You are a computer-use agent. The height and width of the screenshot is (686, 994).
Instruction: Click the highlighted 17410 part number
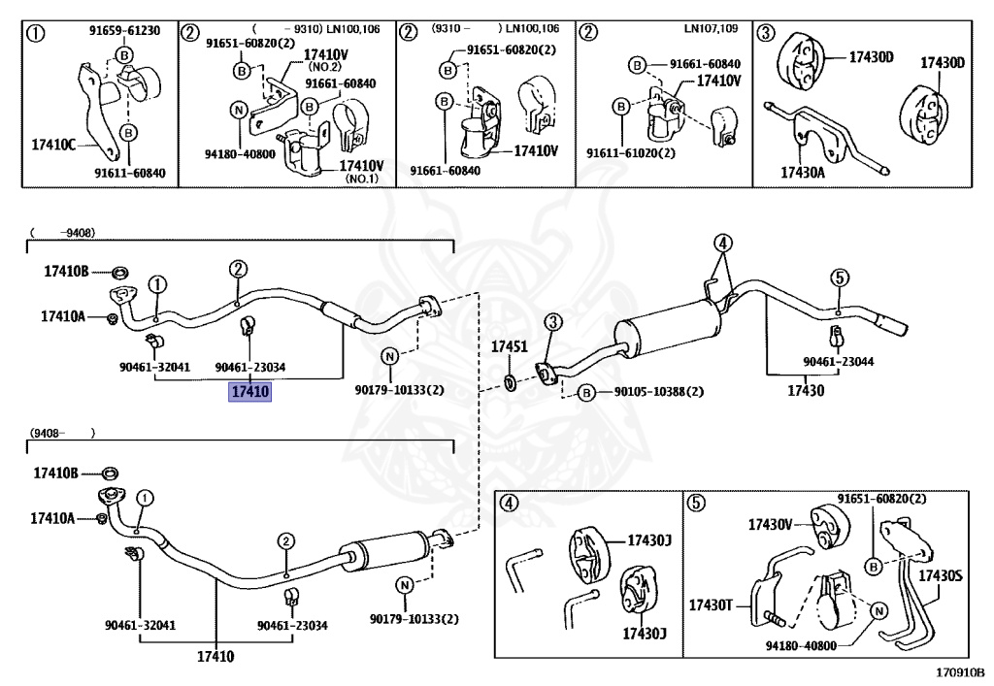point(249,392)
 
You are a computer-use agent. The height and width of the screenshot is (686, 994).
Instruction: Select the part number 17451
point(508,346)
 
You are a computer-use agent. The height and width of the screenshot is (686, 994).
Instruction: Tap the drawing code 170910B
point(960,671)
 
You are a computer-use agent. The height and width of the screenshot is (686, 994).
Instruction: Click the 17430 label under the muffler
point(804,391)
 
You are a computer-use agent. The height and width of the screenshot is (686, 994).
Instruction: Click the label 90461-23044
point(838,361)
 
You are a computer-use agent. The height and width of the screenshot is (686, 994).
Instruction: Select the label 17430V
point(771,524)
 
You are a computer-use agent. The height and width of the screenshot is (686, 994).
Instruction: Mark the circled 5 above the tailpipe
point(839,278)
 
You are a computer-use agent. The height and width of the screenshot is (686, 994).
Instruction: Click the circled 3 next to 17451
point(551,322)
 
